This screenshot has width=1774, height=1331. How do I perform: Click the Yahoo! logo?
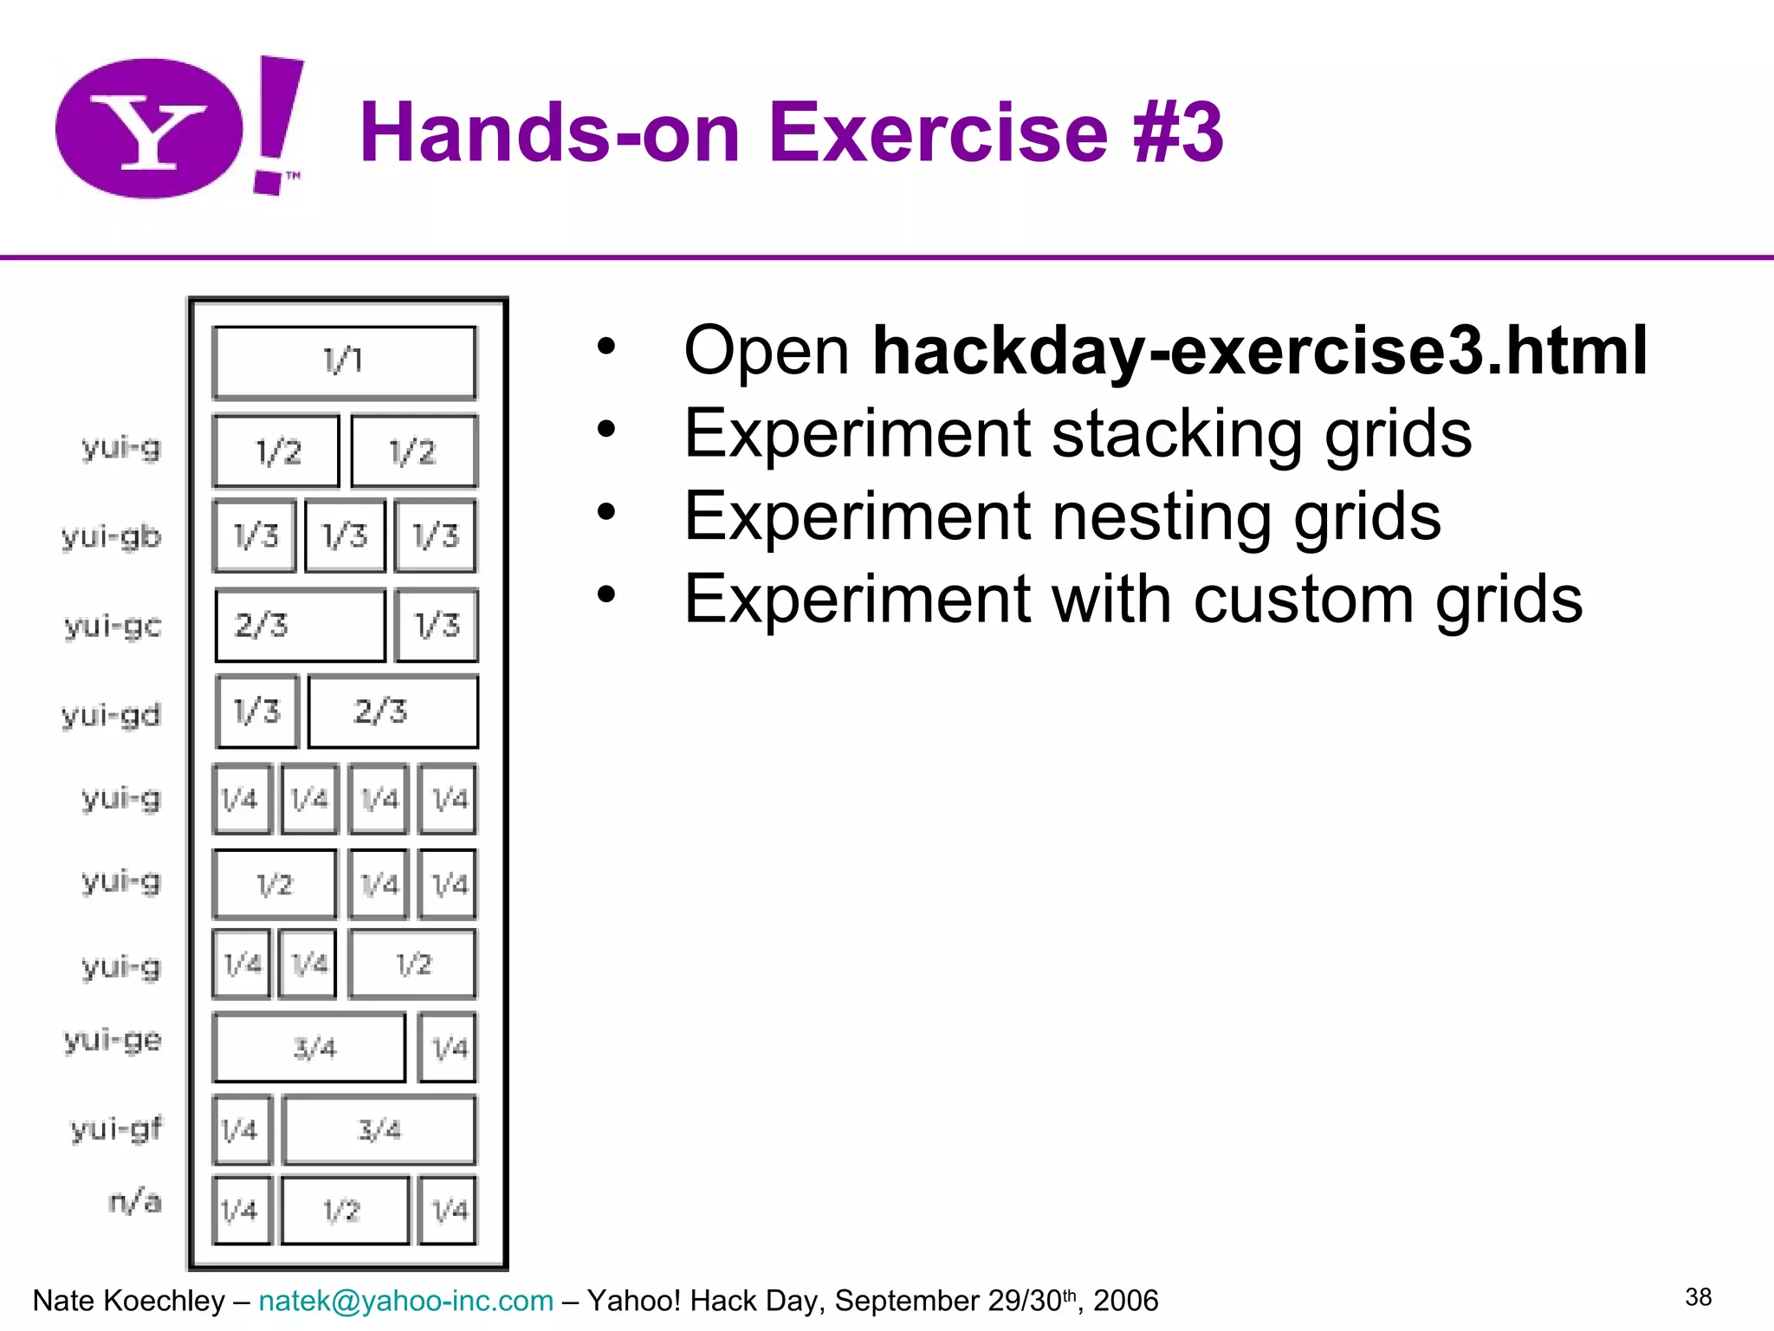point(178,128)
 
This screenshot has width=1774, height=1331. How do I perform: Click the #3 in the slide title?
point(1178,133)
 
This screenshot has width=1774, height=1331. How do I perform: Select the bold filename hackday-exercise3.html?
point(1259,350)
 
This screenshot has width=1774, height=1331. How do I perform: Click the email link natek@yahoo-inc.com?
point(405,1301)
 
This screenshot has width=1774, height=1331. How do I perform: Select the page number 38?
point(1698,1297)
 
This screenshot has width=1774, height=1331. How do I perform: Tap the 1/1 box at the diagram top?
point(344,361)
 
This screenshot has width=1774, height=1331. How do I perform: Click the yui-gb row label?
point(112,536)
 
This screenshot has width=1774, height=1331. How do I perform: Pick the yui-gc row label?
point(113,625)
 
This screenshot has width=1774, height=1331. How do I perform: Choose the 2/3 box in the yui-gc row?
point(300,625)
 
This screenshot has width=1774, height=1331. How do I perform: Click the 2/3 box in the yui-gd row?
point(392,711)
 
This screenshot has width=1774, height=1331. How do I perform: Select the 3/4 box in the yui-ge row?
point(309,1048)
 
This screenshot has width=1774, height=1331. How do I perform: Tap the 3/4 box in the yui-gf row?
point(379,1130)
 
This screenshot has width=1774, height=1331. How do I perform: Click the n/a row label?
point(135,1202)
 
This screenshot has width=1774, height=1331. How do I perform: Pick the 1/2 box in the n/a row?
point(344,1211)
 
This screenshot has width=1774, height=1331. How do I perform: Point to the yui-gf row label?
point(116,1129)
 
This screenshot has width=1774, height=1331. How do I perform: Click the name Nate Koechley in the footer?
point(128,1301)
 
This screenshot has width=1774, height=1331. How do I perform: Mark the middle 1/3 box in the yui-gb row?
point(345,536)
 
